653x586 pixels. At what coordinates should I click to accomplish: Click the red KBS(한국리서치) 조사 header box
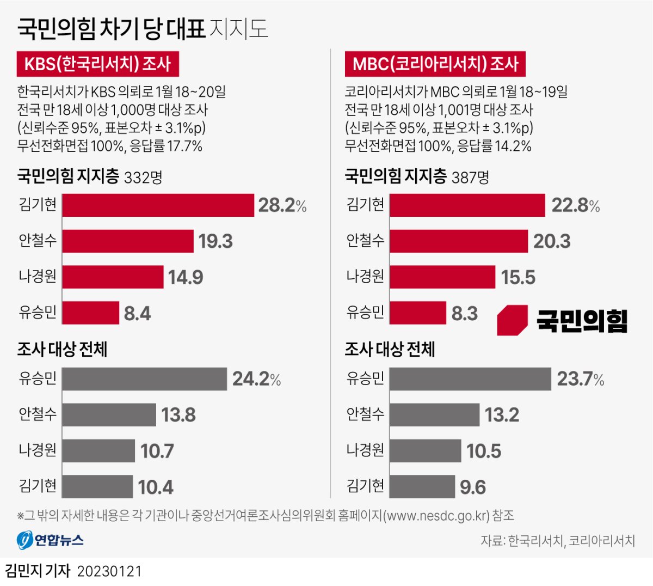[98, 64]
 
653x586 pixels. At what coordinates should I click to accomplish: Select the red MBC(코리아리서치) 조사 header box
[435, 64]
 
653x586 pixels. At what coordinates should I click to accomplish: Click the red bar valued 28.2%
[158, 205]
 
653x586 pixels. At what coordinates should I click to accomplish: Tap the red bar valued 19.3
[128, 241]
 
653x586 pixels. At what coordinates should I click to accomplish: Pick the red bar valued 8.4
[90, 313]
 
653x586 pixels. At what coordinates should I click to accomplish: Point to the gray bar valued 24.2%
[144, 379]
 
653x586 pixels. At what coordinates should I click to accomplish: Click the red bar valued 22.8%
[467, 205]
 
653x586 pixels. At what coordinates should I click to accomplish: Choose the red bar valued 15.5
[442, 277]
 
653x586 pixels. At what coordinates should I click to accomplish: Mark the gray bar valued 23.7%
[470, 379]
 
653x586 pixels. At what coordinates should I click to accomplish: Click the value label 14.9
[186, 278]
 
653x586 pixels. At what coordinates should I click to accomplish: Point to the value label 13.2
[502, 415]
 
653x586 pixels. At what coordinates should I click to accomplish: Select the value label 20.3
[552, 241]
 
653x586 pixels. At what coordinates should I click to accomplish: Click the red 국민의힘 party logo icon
[512, 320]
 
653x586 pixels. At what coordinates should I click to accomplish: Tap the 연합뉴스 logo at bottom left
[50, 540]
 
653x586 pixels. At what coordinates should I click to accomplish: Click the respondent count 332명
[143, 178]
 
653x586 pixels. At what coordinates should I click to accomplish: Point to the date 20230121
[109, 571]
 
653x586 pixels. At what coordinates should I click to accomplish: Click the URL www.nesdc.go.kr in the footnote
[437, 516]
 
